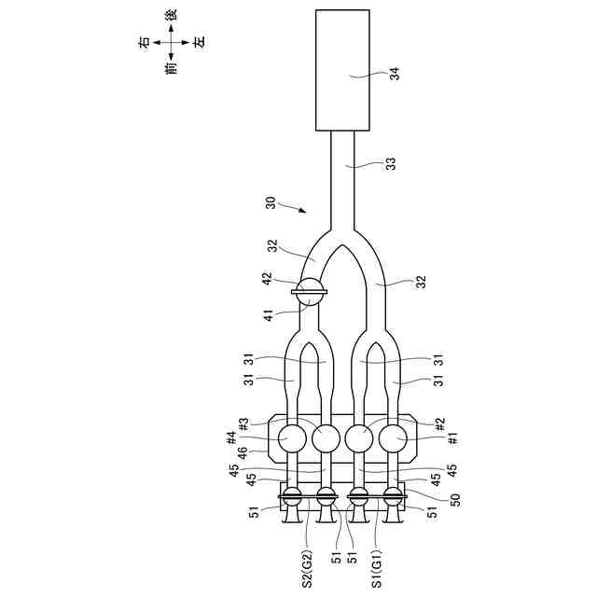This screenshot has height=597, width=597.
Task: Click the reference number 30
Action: pos(271,201)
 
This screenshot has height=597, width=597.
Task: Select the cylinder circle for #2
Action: pos(358,437)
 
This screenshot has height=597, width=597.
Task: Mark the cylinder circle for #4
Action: pos(292,437)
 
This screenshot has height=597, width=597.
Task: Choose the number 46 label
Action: pos(244,454)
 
